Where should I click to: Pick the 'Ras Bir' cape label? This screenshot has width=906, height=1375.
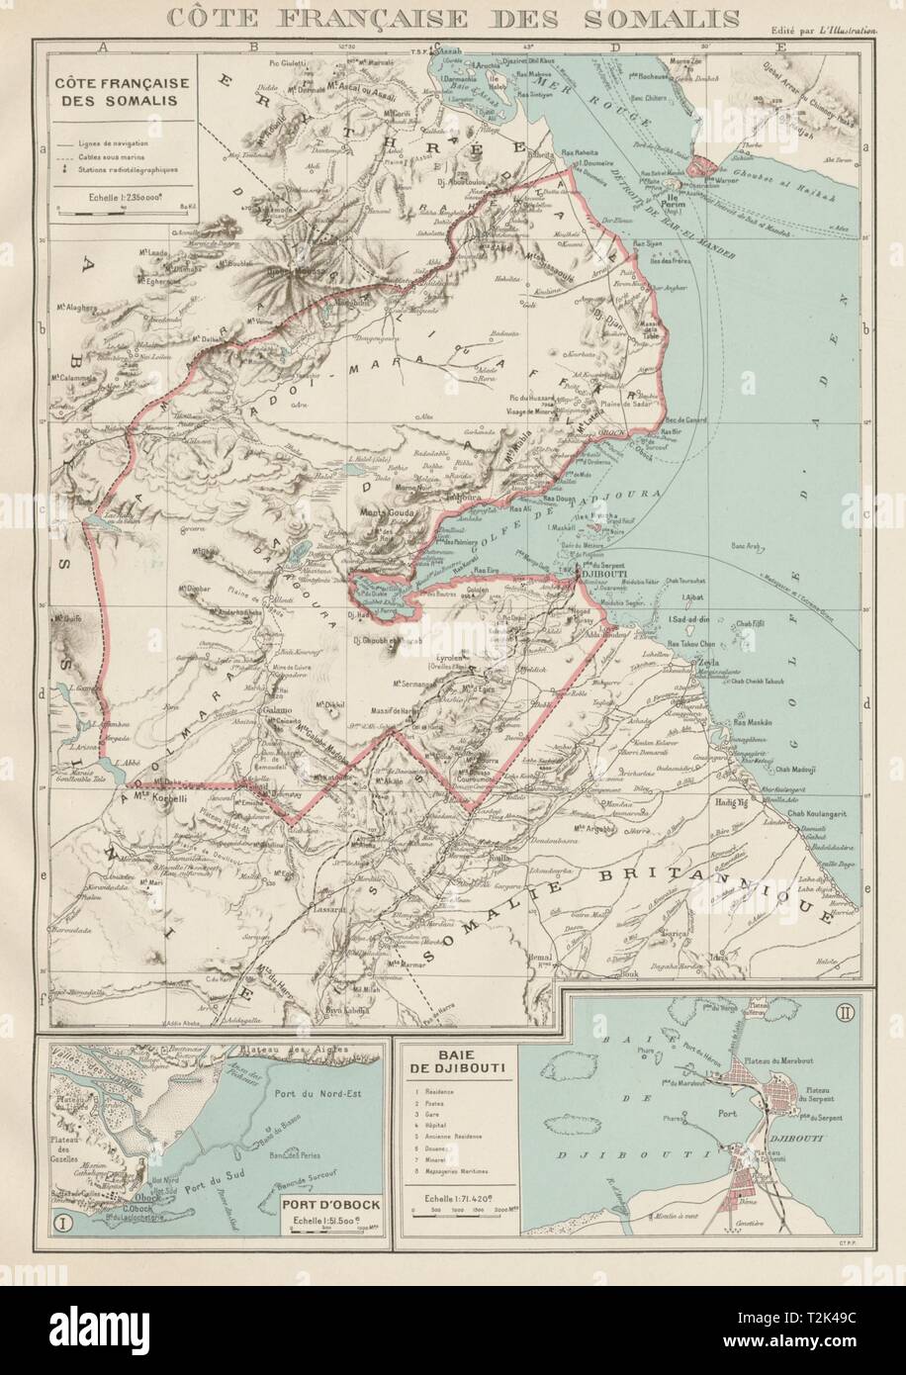tap(671, 432)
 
